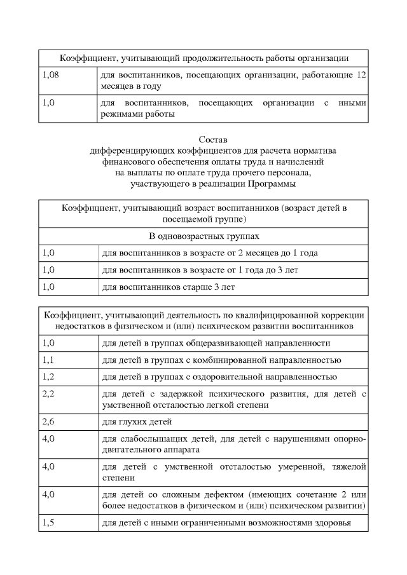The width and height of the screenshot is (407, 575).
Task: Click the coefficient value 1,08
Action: (50, 75)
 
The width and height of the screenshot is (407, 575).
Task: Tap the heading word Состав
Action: (203, 139)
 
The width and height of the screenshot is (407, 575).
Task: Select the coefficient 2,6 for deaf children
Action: (48, 421)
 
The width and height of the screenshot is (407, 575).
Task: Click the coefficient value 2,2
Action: (48, 395)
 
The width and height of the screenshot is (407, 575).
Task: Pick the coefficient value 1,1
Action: (48, 360)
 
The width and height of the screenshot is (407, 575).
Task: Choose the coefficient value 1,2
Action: (48, 377)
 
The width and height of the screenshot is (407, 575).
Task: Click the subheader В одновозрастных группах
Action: (203, 236)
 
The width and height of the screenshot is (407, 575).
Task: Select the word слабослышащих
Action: (151, 439)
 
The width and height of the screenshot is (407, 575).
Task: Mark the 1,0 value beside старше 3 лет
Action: (48, 287)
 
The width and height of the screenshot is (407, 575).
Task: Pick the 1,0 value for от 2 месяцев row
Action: (48, 253)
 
